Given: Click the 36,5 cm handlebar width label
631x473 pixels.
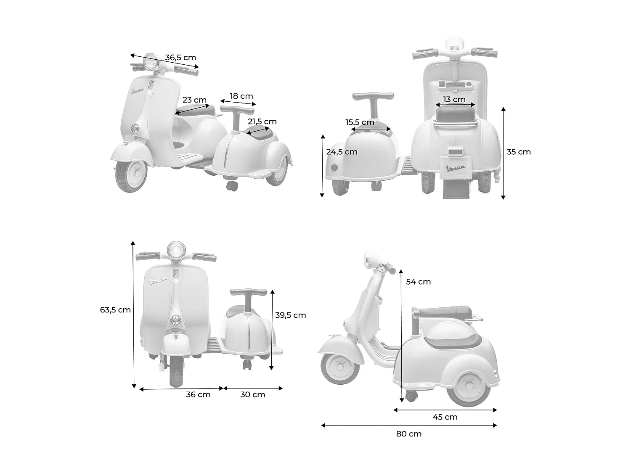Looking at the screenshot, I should [x=180, y=58].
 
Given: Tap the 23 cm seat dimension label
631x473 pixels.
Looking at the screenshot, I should [x=194, y=100].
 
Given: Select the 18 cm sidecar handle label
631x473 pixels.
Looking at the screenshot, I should [x=241, y=96].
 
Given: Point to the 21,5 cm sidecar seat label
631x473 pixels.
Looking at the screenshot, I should [x=262, y=122].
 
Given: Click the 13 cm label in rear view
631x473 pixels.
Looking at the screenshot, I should [x=454, y=100].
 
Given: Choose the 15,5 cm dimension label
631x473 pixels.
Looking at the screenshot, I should [x=360, y=122].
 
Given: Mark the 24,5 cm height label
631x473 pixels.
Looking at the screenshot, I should [x=342, y=152].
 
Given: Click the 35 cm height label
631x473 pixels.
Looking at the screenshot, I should [x=518, y=152].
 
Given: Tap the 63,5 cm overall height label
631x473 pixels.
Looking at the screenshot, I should [x=115, y=310].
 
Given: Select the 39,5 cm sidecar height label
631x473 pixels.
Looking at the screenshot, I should [x=290, y=315].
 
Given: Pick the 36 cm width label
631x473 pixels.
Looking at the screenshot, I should [x=198, y=394].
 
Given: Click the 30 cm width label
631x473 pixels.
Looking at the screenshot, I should [x=252, y=394].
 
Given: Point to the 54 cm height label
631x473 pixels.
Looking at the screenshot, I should [x=418, y=282].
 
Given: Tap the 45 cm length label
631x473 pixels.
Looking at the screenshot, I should [x=445, y=417].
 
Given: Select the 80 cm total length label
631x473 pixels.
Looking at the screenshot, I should [x=408, y=434].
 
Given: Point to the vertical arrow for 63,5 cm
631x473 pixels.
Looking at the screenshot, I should [x=133, y=314].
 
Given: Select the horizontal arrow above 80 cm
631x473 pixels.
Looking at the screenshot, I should [x=409, y=425].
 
